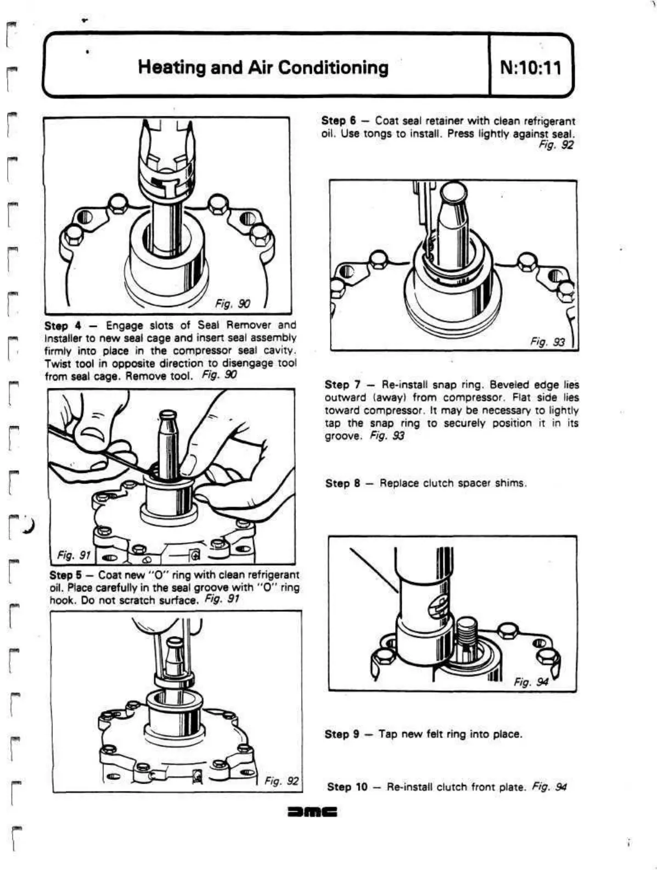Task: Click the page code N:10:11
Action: pyautogui.click(x=531, y=68)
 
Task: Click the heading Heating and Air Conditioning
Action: pyautogui.click(x=263, y=68)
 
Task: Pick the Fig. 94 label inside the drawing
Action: pyautogui.click(x=530, y=682)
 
